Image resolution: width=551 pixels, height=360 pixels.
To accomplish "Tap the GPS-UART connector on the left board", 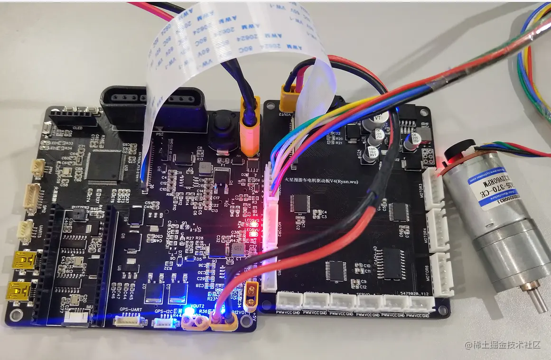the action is click(x=129, y=321).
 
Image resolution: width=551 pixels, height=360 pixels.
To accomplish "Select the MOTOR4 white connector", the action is click(x=439, y=231).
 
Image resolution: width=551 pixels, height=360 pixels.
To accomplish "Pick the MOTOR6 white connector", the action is click(x=442, y=274).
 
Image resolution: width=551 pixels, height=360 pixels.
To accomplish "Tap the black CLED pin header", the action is click(x=71, y=119).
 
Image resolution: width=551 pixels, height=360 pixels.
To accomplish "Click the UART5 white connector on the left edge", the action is click(x=25, y=231).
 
